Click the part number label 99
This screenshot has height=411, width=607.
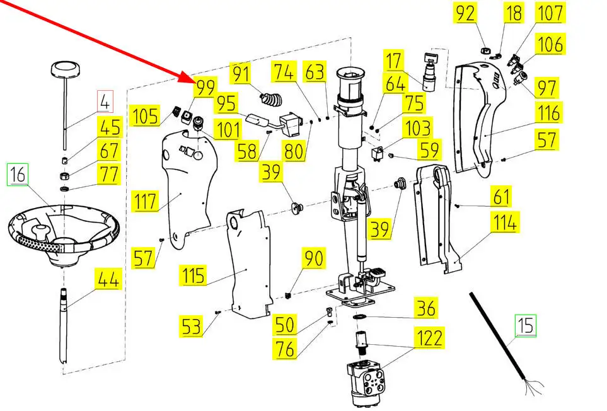point(205,88)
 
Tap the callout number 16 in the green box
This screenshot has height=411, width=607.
point(18,174)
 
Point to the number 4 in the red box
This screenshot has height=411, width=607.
point(105,101)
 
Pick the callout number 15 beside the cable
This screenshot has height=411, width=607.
point(525,325)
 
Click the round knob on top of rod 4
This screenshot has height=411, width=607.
point(66,70)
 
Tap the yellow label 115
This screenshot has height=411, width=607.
point(193,275)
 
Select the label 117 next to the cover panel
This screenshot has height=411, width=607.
point(145,201)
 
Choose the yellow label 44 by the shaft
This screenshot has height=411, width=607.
point(108,279)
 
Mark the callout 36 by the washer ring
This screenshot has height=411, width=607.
point(426,308)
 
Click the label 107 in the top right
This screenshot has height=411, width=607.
point(550,13)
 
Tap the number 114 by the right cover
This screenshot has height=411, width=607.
point(505,223)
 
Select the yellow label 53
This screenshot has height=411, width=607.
point(192,327)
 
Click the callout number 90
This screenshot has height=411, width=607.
point(313,258)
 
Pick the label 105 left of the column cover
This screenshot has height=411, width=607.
point(145,115)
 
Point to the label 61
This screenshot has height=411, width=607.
point(501,196)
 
